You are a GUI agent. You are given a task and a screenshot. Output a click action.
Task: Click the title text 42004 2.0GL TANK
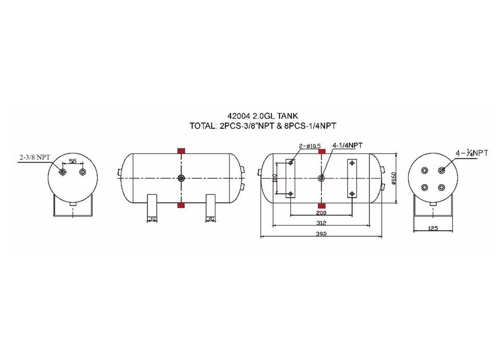(x=263, y=116)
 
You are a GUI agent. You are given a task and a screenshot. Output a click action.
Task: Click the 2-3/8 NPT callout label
(x=35, y=157)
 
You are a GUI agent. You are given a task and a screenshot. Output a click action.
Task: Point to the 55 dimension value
(x=73, y=161)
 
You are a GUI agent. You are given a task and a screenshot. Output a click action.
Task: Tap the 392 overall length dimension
(x=321, y=234)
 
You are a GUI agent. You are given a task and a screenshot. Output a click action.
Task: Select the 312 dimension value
(x=321, y=222)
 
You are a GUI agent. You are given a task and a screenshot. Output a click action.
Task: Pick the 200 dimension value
(x=321, y=213)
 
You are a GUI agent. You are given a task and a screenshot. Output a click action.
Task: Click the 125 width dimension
(x=433, y=228)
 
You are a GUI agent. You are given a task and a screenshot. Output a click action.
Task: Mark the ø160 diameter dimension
(x=394, y=179)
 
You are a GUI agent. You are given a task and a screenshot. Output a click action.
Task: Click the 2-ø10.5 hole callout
(x=310, y=146)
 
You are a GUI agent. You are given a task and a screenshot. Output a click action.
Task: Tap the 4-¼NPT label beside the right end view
(x=471, y=153)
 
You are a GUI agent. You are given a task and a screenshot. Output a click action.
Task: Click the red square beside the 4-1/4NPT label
(x=322, y=151)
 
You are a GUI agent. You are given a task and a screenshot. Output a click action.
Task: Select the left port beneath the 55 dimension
(x=62, y=172)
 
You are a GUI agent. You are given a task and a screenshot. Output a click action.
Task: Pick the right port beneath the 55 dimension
(x=83, y=172)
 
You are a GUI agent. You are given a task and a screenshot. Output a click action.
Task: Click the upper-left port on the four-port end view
(x=425, y=170)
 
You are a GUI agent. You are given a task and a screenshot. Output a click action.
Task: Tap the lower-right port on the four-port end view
(x=442, y=187)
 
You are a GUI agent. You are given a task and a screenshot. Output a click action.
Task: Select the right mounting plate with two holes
(x=352, y=179)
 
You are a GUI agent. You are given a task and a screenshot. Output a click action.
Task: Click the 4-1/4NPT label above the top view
(x=348, y=145)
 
